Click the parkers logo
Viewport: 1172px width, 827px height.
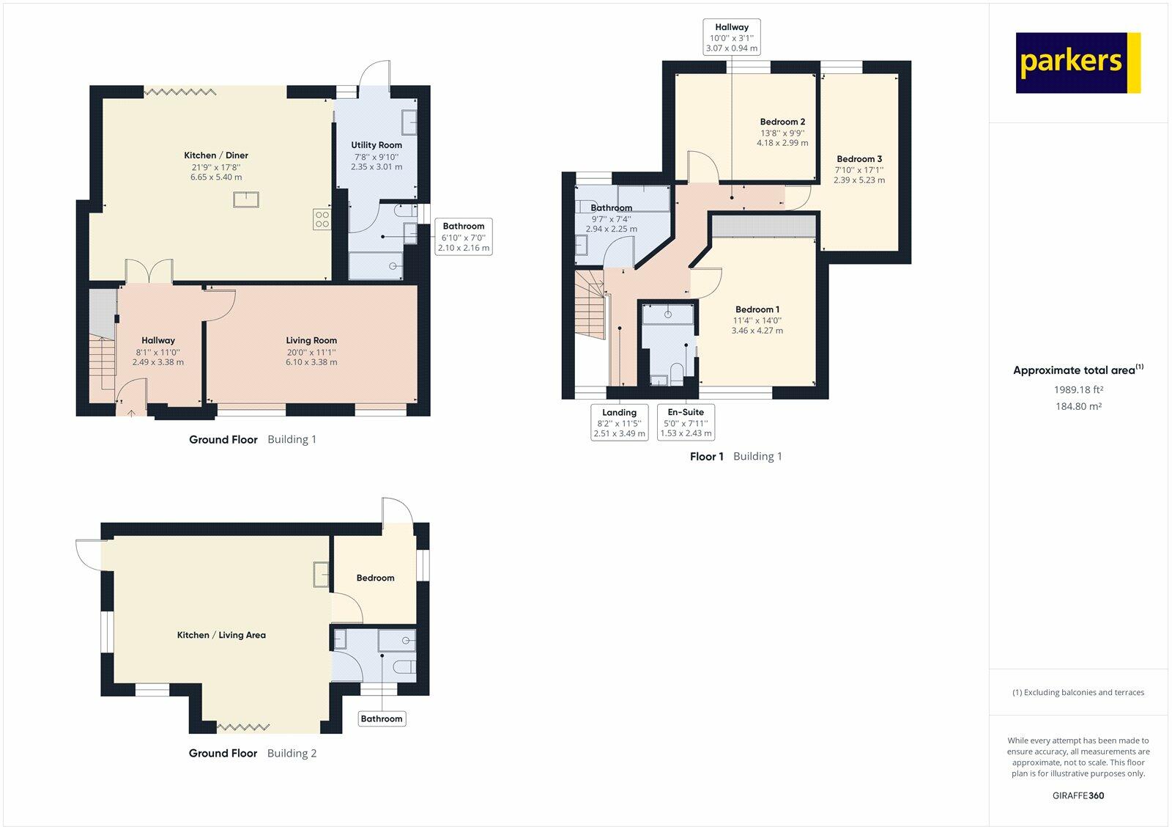[1078, 63]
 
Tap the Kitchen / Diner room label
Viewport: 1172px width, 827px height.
[216, 155]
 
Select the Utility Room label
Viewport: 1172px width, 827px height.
[377, 145]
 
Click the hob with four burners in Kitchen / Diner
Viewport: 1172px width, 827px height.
[322, 219]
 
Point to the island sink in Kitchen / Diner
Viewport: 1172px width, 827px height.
[246, 199]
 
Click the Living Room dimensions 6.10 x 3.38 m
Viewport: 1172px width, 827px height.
[311, 362]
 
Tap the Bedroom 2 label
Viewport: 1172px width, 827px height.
[783, 122]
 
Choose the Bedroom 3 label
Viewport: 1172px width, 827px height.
[859, 158]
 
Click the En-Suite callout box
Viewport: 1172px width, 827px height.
[686, 422]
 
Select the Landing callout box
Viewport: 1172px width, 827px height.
[620, 422]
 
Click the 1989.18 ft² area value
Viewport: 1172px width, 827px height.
[1078, 389]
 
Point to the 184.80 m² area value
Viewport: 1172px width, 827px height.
[1078, 406]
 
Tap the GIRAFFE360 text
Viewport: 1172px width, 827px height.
[1078, 795]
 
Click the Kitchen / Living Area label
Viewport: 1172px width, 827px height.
[221, 636]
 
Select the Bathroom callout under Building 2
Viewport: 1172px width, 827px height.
[382, 718]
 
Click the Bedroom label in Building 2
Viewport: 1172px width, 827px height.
[375, 578]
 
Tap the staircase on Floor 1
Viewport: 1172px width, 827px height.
[590, 304]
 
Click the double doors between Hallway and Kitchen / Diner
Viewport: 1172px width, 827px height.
[149, 272]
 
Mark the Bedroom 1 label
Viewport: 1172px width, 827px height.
[757, 309]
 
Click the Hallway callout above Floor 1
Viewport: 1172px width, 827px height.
[732, 37]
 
